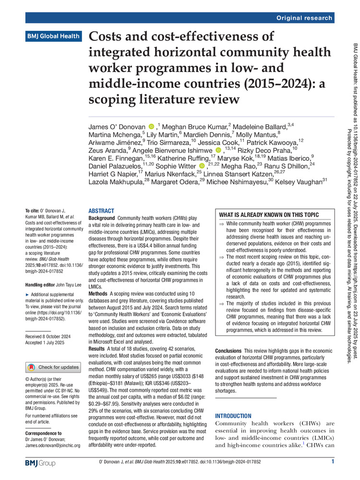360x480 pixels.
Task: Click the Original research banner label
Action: pos(304,18)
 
